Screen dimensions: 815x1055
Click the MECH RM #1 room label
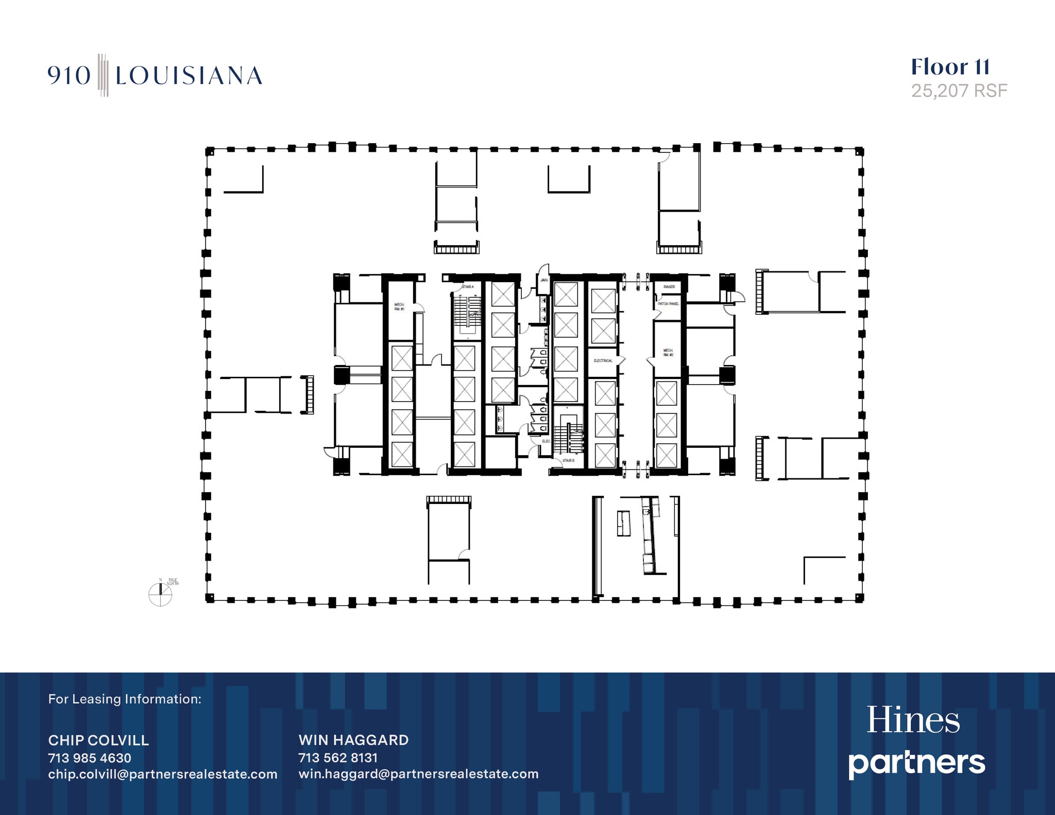pos(399,307)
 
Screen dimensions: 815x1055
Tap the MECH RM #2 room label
pos(668,353)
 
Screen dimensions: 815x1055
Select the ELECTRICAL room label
pos(603,360)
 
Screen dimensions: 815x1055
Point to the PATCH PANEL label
pos(668,304)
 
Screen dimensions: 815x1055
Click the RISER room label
pos(669,287)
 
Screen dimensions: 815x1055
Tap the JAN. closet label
pos(544,280)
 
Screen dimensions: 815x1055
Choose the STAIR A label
pos(468,287)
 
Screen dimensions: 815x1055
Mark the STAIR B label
pos(568,460)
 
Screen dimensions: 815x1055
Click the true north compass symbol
pos(160,594)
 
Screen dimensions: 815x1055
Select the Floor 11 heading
pos(950,67)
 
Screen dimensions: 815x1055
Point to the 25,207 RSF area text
pos(959,91)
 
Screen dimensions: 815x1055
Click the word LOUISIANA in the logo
pos(189,76)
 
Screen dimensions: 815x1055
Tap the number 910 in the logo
pos(69,76)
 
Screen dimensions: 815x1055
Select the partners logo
pos(916,763)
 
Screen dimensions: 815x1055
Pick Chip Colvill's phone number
pos(90,758)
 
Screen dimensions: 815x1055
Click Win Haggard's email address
pos(418,774)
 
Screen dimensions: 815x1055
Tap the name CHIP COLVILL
pos(98,740)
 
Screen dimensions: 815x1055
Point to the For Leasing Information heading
pos(125,699)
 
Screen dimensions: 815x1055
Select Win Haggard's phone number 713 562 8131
pos(338,758)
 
